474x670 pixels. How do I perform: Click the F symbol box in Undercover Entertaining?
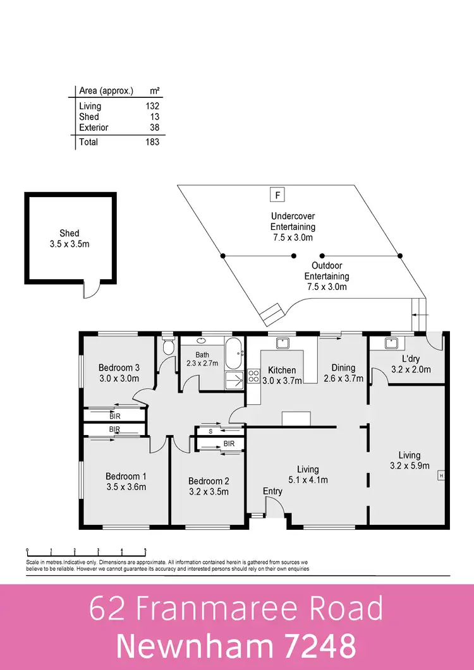[277, 194]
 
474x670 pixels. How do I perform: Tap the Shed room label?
[70, 233]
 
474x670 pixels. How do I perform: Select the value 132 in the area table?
[152, 106]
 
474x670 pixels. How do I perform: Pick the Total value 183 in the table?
[152, 142]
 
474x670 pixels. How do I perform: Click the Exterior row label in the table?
[94, 128]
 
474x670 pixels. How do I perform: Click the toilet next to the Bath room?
[167, 347]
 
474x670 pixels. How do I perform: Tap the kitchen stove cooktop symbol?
[253, 376]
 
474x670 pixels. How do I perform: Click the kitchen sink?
[282, 343]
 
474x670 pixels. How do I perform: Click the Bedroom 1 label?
[126, 476]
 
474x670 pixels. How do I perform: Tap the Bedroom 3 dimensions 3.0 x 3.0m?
[119, 378]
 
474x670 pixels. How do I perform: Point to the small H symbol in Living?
[441, 476]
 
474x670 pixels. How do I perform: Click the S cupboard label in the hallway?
[210, 431]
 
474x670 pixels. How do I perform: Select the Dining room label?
[343, 368]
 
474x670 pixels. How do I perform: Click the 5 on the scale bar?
[145, 550]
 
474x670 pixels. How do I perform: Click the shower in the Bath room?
[234, 380]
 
